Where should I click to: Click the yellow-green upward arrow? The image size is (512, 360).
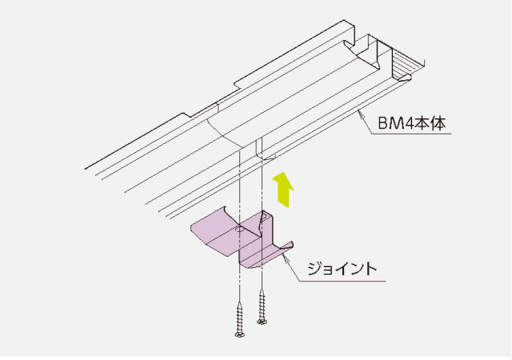283,190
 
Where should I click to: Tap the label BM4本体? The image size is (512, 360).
412,123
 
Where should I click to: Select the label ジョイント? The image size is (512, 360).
342,269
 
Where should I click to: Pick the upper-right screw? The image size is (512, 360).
262,306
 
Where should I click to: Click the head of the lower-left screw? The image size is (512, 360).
240,334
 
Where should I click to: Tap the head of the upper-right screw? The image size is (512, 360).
262,322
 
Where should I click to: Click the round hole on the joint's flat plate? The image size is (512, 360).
240,230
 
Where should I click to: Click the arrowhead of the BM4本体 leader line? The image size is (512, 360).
360,112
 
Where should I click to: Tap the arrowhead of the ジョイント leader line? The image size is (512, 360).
285,258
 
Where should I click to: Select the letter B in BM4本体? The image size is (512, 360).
382,124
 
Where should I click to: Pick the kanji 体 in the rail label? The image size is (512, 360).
438,123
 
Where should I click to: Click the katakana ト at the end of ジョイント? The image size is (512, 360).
371,269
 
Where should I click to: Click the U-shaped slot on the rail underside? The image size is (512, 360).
258,149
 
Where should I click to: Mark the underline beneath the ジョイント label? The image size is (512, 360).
342,281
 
